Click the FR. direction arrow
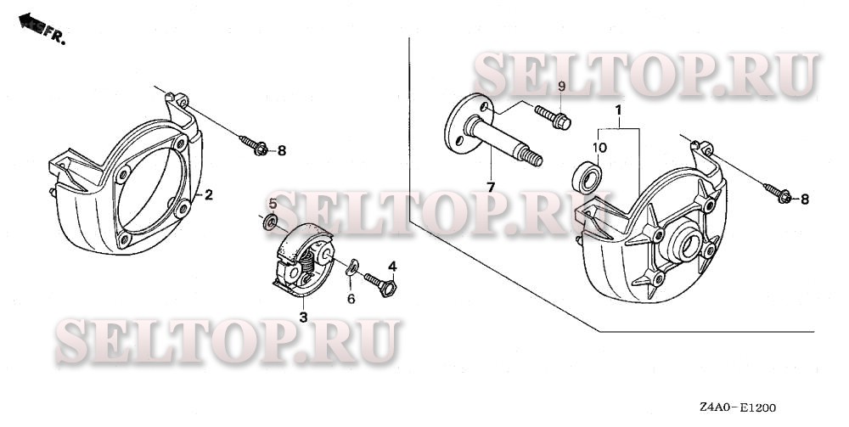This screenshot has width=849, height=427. coord(32,23)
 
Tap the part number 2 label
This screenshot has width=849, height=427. coord(208,195)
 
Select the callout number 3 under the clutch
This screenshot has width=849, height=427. coord(304,317)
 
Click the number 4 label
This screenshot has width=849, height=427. coord(392,267)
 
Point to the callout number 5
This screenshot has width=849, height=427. coord(273,204)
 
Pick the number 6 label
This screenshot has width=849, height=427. coord(351,298)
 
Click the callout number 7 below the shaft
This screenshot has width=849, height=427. coord(491,188)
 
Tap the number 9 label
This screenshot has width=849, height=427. coord(561,86)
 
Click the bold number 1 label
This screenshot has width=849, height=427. coord(617,110)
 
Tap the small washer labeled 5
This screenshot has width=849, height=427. coord(270,222)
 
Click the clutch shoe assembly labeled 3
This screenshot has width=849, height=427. coord(301,260)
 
